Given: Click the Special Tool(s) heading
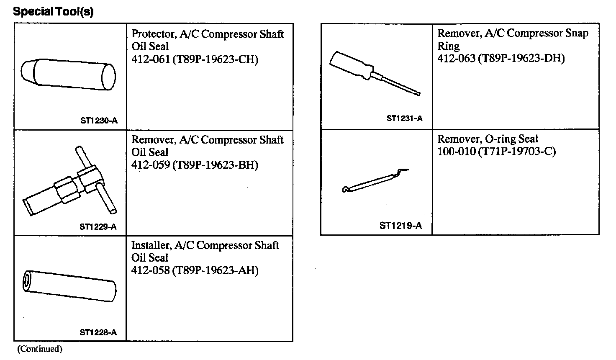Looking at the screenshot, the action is point(53,11).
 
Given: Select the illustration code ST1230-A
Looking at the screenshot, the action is point(99,121).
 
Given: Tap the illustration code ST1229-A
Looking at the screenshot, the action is point(98,227).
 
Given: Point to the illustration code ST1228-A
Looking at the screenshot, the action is point(98,333).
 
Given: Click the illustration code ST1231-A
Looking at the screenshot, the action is point(404,118).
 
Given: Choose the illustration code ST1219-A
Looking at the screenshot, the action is point(400,226).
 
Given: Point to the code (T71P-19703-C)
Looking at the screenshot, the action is point(517,152).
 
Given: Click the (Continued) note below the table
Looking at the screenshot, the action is point(40,349).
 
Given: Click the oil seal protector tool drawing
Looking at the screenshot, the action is point(68,74).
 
